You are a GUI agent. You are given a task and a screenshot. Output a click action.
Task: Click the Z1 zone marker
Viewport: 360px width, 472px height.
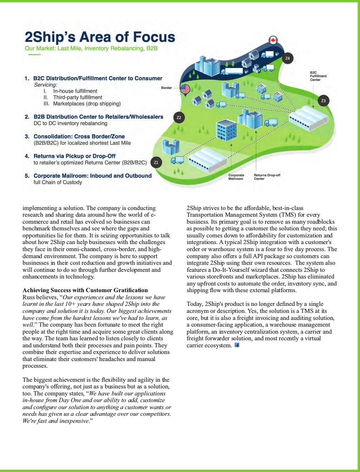pos(156,162)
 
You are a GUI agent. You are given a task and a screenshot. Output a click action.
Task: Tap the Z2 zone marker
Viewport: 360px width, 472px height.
pos(179,117)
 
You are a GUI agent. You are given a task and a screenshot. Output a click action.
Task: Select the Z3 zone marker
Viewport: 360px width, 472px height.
pos(323,101)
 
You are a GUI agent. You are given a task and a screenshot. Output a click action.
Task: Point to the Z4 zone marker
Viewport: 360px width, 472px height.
pos(288,58)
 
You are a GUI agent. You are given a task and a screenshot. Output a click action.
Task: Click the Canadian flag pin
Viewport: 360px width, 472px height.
pos(273,40)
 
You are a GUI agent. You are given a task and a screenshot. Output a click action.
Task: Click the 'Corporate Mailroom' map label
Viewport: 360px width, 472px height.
pos(236,177)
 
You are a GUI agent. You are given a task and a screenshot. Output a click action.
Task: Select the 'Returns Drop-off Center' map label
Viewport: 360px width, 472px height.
pos(267,177)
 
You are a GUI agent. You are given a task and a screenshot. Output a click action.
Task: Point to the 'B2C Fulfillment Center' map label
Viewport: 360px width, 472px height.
pos(318,76)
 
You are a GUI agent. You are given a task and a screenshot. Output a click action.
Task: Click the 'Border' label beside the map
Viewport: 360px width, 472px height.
pos(166,88)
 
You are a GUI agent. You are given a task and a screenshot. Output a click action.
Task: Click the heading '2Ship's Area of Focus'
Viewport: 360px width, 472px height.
pos(99,37)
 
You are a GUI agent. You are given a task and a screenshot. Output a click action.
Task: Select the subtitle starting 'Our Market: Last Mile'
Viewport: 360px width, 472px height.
pos(91,48)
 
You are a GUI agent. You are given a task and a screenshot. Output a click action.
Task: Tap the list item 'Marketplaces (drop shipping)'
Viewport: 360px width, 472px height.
pos(86,104)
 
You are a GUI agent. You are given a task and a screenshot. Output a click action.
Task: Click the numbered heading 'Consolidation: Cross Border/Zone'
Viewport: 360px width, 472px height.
pos(79,136)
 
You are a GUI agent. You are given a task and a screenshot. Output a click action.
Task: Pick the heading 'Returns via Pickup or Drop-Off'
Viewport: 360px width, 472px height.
pos(75,156)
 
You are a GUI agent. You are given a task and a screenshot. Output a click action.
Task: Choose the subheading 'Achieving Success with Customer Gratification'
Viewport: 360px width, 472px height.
pos(85,290)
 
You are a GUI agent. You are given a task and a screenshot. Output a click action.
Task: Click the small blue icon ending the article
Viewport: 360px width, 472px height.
pos(237,346)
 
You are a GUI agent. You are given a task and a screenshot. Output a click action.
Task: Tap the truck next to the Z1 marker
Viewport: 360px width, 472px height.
pos(177,160)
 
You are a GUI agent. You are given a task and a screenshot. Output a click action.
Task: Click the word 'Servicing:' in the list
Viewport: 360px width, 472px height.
pos(45,85)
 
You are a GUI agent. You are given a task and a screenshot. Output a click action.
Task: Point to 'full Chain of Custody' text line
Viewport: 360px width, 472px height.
pos(58,182)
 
